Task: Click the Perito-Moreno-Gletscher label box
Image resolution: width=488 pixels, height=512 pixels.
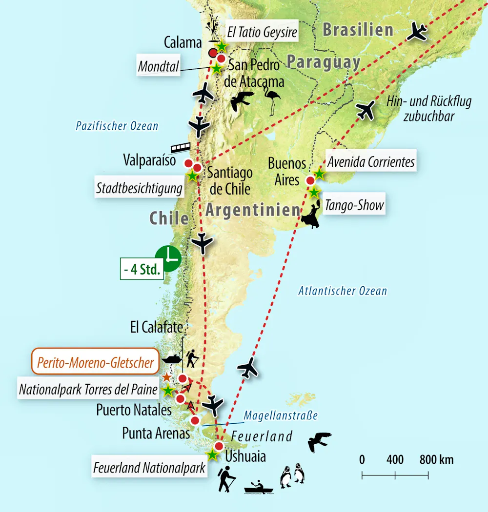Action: pyautogui.click(x=95, y=362)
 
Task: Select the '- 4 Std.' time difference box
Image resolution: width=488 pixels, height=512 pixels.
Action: pyautogui.click(x=142, y=270)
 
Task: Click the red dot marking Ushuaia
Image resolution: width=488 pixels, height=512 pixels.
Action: pyautogui.click(x=219, y=446)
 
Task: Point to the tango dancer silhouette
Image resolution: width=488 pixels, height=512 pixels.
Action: pyautogui.click(x=311, y=215)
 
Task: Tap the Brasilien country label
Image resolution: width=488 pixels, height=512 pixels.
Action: pyautogui.click(x=358, y=30)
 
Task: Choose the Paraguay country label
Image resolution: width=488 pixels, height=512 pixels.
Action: pyautogui.click(x=324, y=62)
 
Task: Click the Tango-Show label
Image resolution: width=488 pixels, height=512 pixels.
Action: pyautogui.click(x=355, y=205)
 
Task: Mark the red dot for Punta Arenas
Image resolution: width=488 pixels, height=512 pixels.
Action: pyautogui.click(x=195, y=420)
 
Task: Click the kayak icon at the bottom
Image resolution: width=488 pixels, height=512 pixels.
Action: pyautogui.click(x=259, y=487)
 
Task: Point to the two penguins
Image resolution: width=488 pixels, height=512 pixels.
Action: pyautogui.click(x=292, y=476)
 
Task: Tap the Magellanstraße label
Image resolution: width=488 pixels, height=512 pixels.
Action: pyautogui.click(x=281, y=416)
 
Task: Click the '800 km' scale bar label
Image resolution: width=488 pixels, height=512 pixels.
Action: pyautogui.click(x=436, y=459)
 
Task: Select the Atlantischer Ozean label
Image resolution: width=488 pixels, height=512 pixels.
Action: pyautogui.click(x=343, y=291)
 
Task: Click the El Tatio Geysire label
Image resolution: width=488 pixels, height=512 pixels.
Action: pyautogui.click(x=262, y=33)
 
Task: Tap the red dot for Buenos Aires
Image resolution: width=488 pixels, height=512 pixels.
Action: pyautogui.click(x=310, y=181)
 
